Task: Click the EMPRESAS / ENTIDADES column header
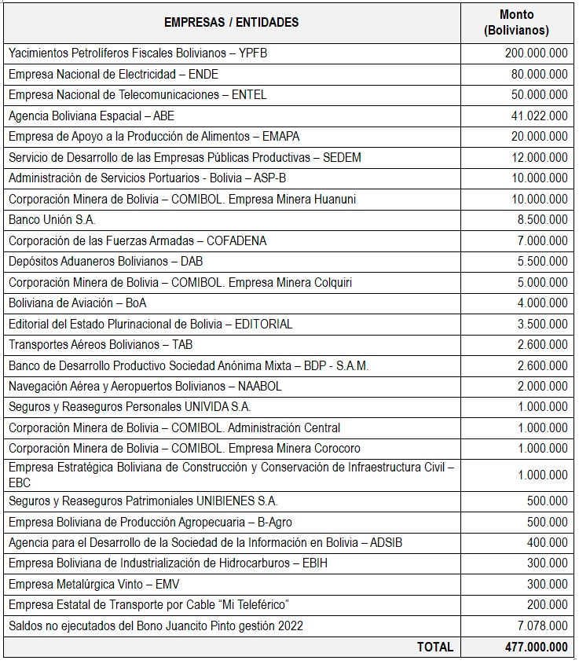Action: [x=231, y=22]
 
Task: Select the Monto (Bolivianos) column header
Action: [x=516, y=23]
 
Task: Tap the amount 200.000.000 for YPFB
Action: [x=536, y=53]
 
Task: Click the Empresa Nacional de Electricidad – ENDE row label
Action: [x=113, y=74]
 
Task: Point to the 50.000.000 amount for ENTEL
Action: [x=539, y=95]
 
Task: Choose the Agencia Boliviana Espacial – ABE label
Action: [x=91, y=116]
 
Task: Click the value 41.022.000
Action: [x=539, y=116]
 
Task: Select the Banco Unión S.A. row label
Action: [x=52, y=220]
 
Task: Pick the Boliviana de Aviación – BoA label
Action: [x=78, y=303]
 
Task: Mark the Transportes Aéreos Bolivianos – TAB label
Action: [x=101, y=344]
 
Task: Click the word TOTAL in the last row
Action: [x=434, y=647]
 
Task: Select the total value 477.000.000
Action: [x=536, y=647]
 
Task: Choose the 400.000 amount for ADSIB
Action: [x=548, y=542]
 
